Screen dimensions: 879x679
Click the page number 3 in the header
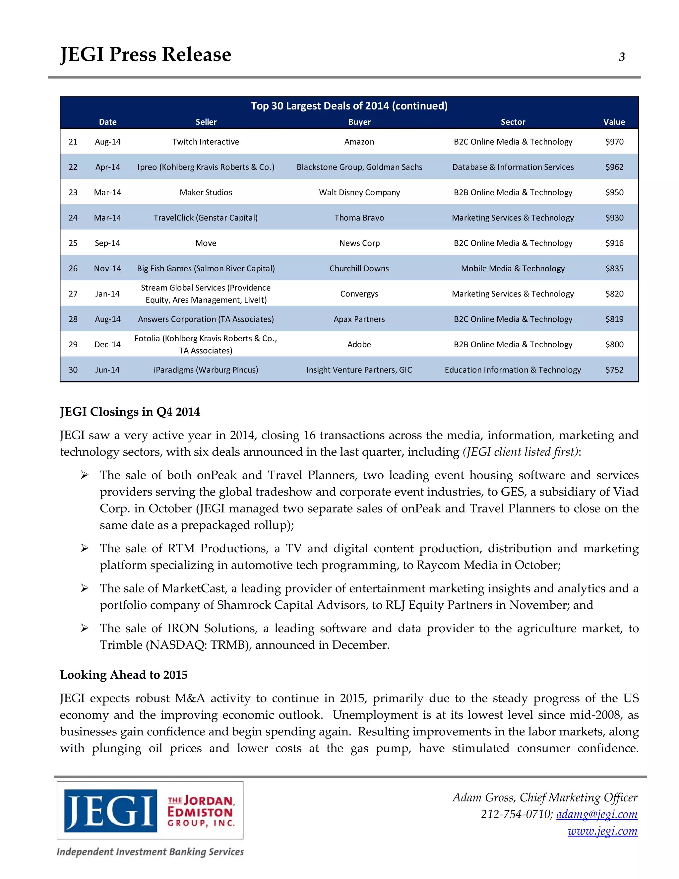coord(622,57)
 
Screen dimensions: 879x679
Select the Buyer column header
coord(359,122)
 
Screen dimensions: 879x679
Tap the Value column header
coord(614,122)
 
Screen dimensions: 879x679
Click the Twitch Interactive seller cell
coord(206,142)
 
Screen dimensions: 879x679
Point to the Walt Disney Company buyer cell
coord(359,192)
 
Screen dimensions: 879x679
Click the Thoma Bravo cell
coord(359,218)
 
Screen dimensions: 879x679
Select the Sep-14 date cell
coord(107,243)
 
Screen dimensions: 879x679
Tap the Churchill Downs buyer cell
coord(359,268)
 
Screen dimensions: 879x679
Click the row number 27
coord(73,294)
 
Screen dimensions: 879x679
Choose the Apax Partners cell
coord(359,319)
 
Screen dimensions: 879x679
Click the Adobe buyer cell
coord(359,345)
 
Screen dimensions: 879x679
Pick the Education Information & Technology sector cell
coord(513,370)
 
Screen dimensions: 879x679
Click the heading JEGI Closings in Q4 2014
coord(130,412)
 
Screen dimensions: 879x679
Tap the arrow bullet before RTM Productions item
coord(85,548)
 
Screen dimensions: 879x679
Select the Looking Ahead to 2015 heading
coord(123,675)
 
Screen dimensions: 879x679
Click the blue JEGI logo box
coord(111,811)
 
